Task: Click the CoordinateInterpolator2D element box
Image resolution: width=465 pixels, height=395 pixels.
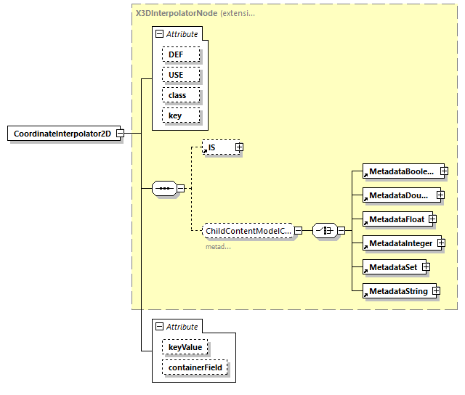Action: tap(62, 134)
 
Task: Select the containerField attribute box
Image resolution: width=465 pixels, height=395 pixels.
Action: tap(194, 368)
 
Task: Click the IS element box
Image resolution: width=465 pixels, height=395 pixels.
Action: tap(218, 147)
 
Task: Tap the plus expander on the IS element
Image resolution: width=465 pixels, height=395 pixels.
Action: tap(239, 147)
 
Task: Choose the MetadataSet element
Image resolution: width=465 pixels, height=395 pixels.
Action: tap(392, 266)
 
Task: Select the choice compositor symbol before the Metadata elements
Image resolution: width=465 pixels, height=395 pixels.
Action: tap(323, 231)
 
